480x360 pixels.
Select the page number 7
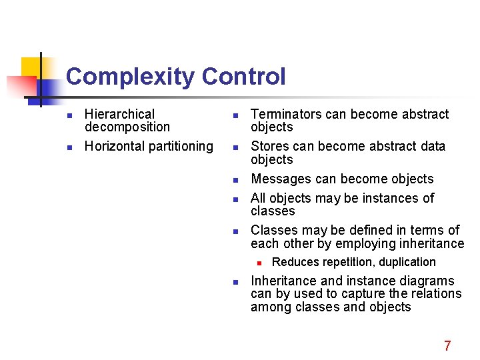447,345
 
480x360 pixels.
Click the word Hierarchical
119,115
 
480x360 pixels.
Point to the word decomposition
127,127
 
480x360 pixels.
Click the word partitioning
181,146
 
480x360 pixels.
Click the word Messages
279,179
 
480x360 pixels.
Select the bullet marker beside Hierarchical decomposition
69,115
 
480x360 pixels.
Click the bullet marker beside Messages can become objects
235,180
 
